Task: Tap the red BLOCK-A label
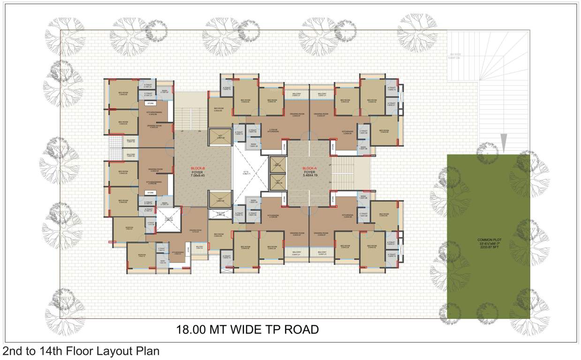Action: (309, 168)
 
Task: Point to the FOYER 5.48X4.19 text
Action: (310, 174)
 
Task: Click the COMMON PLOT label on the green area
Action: (488, 240)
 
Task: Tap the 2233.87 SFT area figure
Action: (488, 248)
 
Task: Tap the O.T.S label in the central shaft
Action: (246, 172)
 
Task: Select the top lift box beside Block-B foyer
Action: (220, 136)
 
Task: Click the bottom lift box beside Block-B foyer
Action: (220, 200)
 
